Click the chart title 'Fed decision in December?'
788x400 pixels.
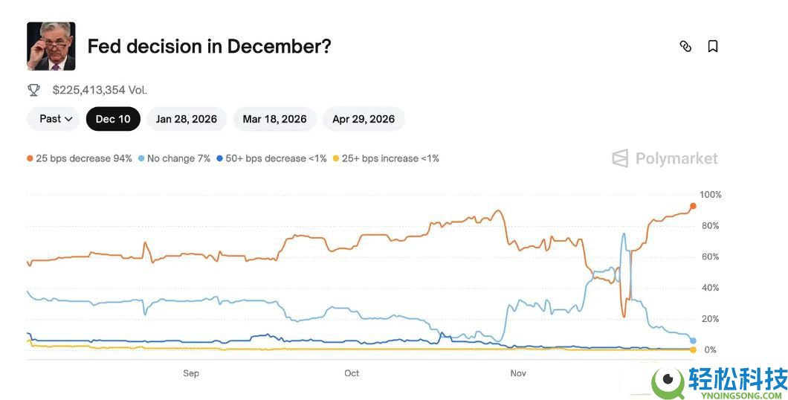coord(209,46)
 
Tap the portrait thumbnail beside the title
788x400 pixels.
coord(51,46)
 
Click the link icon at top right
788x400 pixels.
coord(685,46)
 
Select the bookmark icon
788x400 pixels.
coord(712,46)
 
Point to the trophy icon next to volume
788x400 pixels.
coord(33,90)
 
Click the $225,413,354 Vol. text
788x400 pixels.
coord(100,90)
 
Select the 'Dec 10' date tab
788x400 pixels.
coord(113,119)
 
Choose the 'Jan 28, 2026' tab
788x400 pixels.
coord(187,119)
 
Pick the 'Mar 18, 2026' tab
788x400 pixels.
coord(274,119)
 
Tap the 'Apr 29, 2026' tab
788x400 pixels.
coord(364,119)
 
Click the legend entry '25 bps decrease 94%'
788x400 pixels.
coord(80,158)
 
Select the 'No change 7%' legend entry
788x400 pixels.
coord(175,158)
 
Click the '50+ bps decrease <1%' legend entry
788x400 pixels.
coord(271,158)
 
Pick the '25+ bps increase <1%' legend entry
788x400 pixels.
coord(386,158)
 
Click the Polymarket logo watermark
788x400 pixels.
coord(665,158)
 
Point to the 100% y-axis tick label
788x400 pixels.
coord(711,195)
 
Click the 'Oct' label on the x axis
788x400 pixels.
coord(352,373)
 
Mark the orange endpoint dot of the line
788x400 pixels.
coord(693,206)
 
